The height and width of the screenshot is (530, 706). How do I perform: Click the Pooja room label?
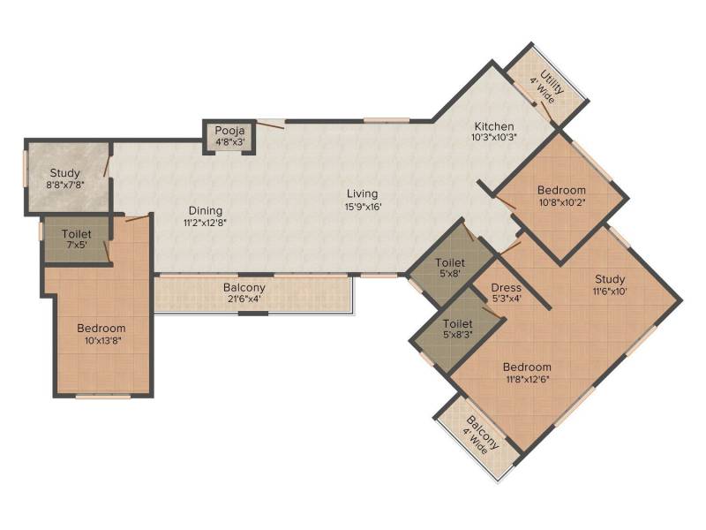(x=229, y=131)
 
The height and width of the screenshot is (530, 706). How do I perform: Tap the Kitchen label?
(x=494, y=126)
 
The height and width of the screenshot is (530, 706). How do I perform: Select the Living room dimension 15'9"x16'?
(x=364, y=208)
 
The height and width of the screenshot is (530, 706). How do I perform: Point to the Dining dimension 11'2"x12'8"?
(x=205, y=223)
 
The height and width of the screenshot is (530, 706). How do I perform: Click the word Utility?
(x=552, y=81)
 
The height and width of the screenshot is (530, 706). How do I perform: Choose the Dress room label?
(x=506, y=288)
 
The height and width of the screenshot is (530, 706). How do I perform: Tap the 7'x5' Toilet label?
(x=77, y=234)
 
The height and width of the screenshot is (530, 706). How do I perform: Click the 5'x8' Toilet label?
(x=450, y=262)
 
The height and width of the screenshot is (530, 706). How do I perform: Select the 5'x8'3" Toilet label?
(x=457, y=323)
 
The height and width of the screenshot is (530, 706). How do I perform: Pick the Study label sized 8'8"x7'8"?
(x=64, y=173)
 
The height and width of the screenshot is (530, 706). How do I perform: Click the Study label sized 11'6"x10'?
(x=610, y=279)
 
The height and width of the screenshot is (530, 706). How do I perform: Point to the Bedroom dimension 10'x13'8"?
(x=103, y=341)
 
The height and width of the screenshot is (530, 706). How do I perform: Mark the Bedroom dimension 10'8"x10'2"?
(x=562, y=202)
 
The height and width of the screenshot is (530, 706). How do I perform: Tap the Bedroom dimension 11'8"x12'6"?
(x=528, y=380)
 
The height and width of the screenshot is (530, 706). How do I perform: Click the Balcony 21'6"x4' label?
(x=244, y=288)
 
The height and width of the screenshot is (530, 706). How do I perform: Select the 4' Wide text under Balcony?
(x=475, y=440)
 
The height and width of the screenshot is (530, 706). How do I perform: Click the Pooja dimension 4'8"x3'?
(x=229, y=141)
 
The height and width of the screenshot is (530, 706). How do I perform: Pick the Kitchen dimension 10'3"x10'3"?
(x=494, y=138)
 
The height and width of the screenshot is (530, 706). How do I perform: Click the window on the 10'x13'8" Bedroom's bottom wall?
(x=103, y=397)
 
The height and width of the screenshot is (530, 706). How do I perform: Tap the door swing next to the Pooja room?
(x=270, y=124)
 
